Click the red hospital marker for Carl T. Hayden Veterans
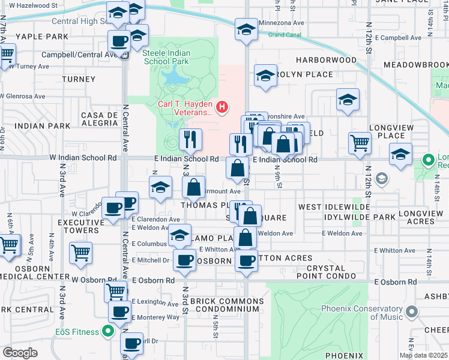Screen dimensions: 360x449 click(223, 107)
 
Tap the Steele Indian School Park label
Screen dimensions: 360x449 click(167, 58)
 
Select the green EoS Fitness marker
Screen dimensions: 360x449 click(108, 331)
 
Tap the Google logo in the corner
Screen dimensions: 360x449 click(20, 353)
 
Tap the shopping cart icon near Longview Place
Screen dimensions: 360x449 click(360, 143)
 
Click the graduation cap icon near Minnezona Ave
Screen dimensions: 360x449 click(246, 29)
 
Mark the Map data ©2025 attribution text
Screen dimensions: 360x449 click(424, 355)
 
